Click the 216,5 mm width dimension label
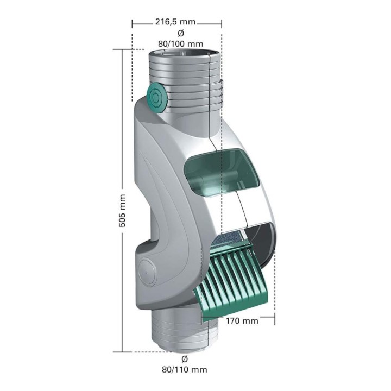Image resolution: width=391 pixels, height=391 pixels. tap(175, 22)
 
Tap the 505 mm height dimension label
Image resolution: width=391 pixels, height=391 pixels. tap(122, 211)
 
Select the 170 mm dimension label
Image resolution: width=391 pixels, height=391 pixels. tap(242, 320)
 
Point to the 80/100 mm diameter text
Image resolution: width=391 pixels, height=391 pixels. tap(180, 44)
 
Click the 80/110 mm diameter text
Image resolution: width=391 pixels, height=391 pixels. tap(185, 369)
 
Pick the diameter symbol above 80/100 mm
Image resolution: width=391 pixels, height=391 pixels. tap(181, 33)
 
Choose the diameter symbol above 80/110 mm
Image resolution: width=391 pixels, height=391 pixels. tap(185, 359)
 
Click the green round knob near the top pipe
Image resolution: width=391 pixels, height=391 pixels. tap(156, 97)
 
